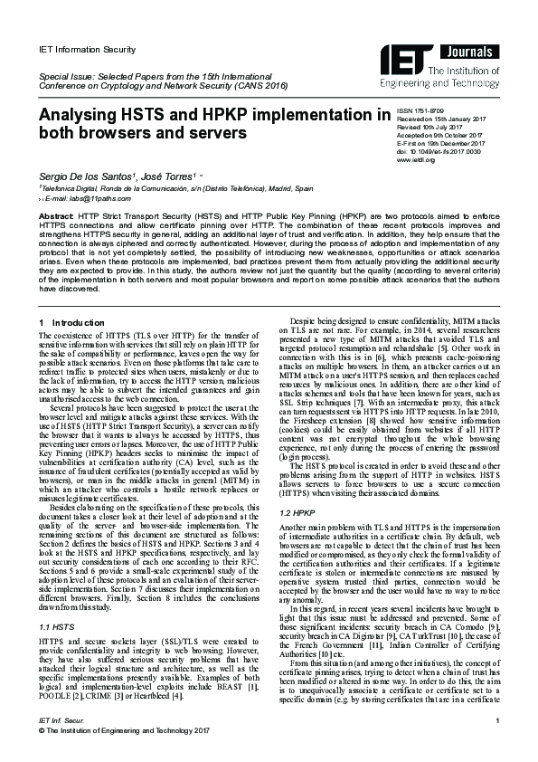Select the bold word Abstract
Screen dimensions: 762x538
pyautogui.click(x=55, y=218)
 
